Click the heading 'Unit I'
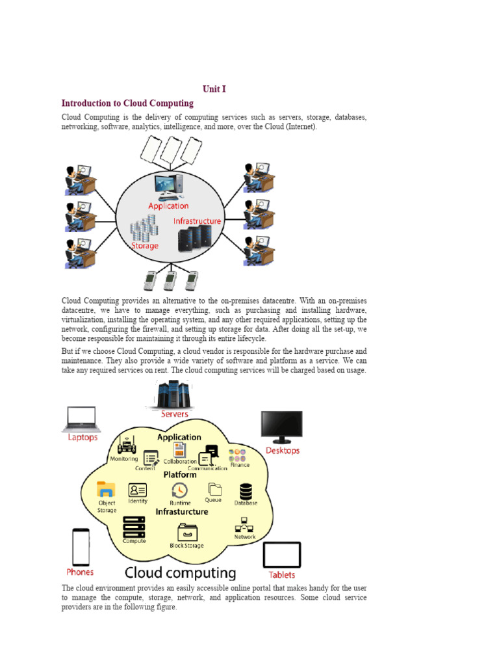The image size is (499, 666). (x=214, y=89)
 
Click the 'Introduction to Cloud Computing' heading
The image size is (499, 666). (x=127, y=103)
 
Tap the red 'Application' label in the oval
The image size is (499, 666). (x=168, y=206)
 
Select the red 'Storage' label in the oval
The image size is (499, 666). (x=145, y=246)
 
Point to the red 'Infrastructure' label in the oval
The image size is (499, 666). (x=197, y=221)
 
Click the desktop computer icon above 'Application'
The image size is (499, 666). (x=168, y=186)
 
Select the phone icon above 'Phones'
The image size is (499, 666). (x=81, y=547)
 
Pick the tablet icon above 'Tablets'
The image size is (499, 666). (x=282, y=555)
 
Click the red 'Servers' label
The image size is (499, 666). (x=174, y=414)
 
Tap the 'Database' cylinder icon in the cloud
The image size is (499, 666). (x=246, y=491)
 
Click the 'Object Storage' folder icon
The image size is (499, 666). (x=106, y=489)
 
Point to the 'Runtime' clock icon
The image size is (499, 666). (x=180, y=490)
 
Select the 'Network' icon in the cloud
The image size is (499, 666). (x=245, y=525)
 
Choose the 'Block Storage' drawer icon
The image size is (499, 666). (x=187, y=531)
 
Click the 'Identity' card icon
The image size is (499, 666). (x=138, y=490)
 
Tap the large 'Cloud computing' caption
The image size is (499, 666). (x=180, y=573)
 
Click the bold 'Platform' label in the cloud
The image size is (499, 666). (x=180, y=475)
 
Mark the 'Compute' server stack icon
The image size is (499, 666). (x=134, y=526)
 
